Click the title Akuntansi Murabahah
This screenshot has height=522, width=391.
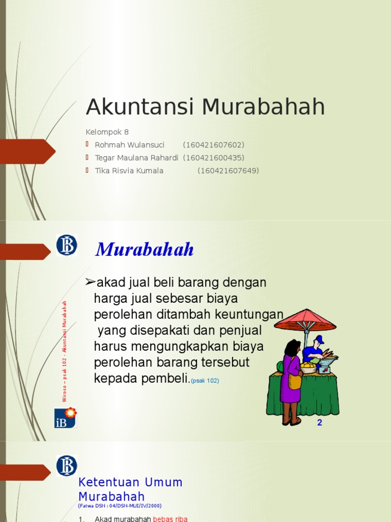(205, 107)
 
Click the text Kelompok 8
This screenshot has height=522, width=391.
(107, 132)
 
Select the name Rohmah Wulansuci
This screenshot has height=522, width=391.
(129, 145)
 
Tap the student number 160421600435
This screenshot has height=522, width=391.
(214, 158)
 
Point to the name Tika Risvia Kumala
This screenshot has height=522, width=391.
(129, 171)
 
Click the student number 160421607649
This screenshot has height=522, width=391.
(228, 171)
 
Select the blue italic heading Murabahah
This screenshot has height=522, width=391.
(145, 250)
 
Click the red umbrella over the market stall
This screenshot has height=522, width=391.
(305, 320)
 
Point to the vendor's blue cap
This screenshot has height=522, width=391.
(319, 339)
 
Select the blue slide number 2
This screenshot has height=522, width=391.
(320, 422)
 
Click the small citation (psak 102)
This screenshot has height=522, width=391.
(205, 381)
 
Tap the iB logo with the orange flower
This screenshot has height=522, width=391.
(66, 417)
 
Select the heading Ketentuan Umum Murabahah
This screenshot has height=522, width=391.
(130, 489)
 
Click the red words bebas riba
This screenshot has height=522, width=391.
(171, 519)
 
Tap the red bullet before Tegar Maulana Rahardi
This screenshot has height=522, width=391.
(87, 158)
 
